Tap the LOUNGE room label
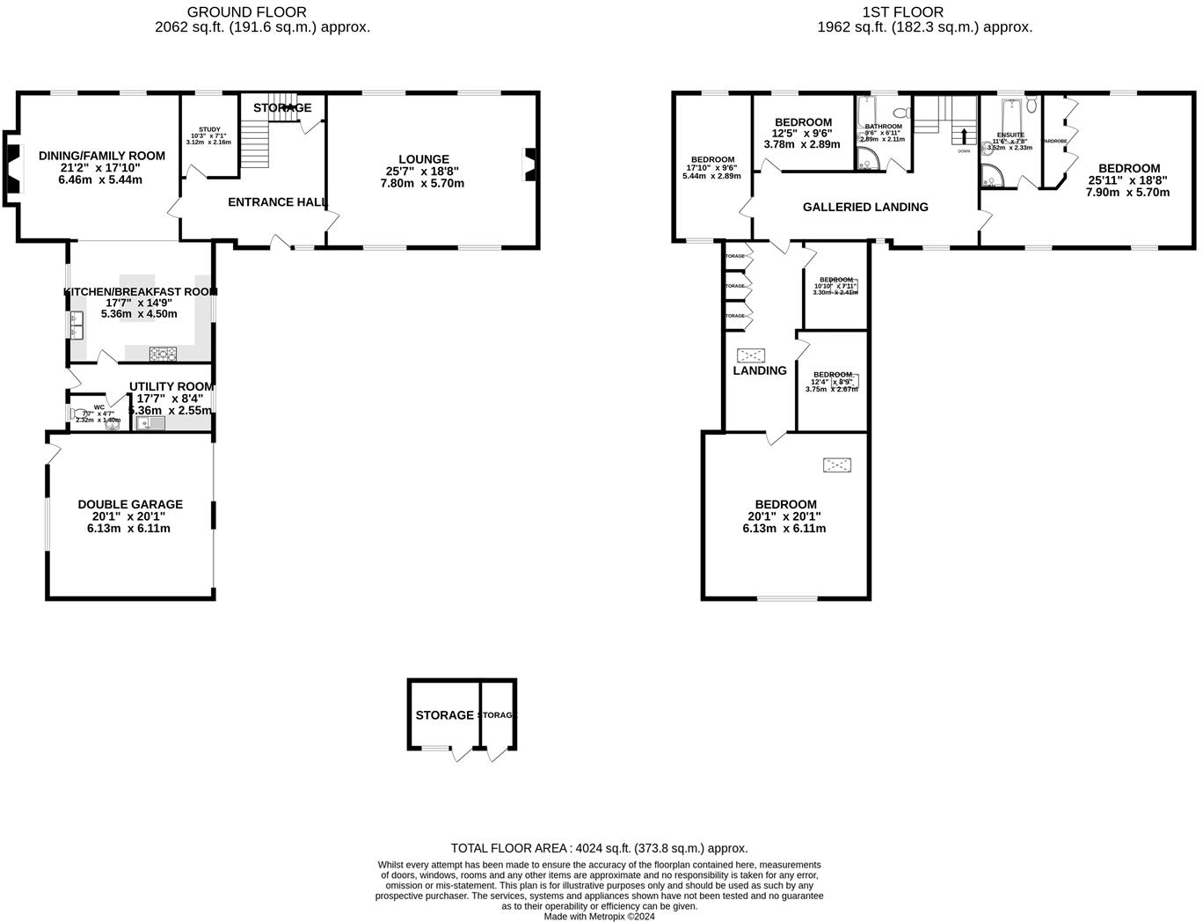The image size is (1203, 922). tap(423, 159)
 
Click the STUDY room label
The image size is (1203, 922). tap(208, 129)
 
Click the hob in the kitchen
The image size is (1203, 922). tap(164, 354)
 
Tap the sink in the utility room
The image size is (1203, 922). tap(149, 423)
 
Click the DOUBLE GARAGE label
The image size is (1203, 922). tap(130, 504)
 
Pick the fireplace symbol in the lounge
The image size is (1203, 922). tap(530, 165)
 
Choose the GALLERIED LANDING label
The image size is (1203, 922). tap(865, 208)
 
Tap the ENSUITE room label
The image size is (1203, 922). tap(1010, 135)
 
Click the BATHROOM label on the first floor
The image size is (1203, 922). tap(883, 127)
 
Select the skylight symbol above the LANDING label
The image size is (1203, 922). tap(751, 355)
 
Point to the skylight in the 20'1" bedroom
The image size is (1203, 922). tap(837, 464)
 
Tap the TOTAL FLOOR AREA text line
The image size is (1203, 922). tap(599, 848)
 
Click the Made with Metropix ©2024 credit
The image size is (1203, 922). tap(599, 916)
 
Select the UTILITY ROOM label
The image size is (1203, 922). tap(171, 386)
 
